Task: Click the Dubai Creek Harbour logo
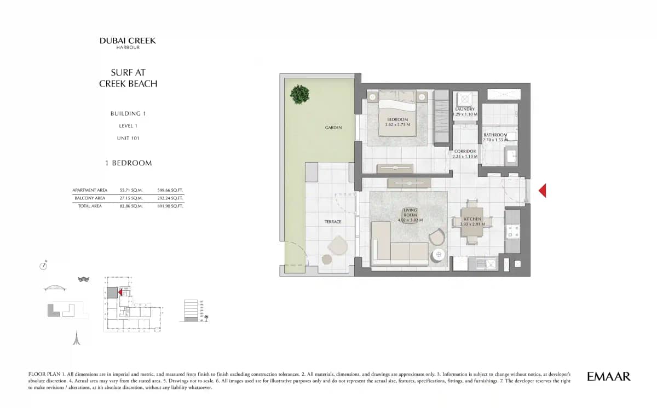coord(128,43)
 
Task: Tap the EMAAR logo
coord(608,376)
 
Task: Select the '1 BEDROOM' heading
coord(128,163)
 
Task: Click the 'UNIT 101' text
coord(128,138)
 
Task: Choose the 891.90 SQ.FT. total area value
coord(170,206)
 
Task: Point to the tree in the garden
coord(299,94)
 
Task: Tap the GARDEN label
coord(333,128)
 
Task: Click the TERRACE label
coord(332,222)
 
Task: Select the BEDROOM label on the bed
coord(397,119)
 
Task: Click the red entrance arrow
coord(542,191)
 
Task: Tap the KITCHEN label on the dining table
coord(472,219)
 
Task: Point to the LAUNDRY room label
coord(465,109)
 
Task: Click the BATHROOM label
coord(495,135)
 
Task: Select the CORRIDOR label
coord(464,151)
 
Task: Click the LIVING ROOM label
coord(410,212)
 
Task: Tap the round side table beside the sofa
coord(439,255)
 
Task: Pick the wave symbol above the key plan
coord(83,279)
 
